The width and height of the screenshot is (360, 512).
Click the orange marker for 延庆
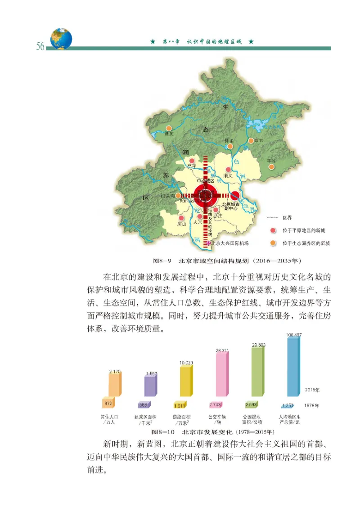(169, 128)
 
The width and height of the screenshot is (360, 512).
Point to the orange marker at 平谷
(271, 166)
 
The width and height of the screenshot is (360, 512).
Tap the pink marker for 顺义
(228, 170)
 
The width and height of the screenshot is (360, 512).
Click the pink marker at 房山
(182, 216)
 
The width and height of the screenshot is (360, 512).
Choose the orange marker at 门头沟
(179, 196)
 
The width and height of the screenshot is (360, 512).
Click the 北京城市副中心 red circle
(235, 195)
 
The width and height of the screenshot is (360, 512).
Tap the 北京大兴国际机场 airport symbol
(208, 243)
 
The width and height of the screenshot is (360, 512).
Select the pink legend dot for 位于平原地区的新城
(272, 230)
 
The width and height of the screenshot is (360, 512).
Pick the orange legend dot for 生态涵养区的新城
(272, 243)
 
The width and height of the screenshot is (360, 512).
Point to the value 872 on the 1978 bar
(108, 404)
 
